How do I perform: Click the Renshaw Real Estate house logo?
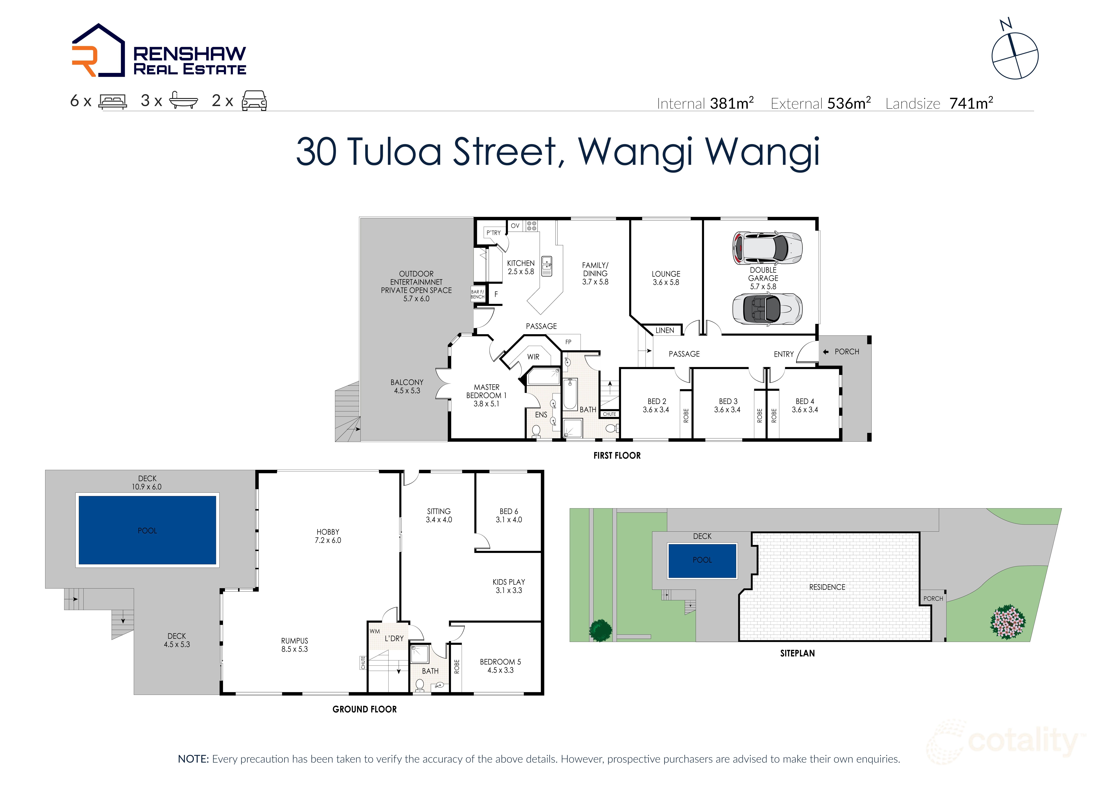coord(99,51)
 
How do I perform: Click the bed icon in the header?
coord(113,101)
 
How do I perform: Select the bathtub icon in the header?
coord(183,101)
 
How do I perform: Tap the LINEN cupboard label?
coord(664,330)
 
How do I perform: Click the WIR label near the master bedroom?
coord(533,357)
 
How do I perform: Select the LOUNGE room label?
coord(666,274)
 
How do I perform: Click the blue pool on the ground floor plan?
coord(147,530)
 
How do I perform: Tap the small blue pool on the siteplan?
coord(702,560)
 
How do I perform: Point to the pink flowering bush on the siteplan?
coord(1008,621)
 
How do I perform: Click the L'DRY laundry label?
coord(394,638)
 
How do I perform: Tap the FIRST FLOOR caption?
coord(617,455)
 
